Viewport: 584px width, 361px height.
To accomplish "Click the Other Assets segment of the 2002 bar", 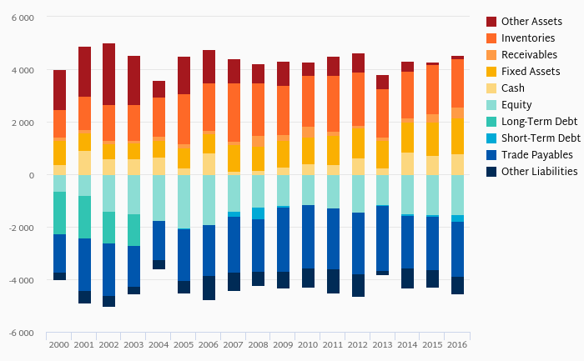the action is [108, 74].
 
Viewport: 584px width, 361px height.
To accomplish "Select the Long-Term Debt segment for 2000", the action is [59, 213].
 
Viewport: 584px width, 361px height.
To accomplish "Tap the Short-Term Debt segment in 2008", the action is [258, 213].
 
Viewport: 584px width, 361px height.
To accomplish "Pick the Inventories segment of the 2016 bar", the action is [457, 83].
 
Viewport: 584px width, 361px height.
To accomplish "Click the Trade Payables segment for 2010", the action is [308, 237].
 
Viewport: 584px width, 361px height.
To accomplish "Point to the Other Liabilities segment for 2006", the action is [209, 288].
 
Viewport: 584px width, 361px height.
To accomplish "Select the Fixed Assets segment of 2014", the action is [407, 138].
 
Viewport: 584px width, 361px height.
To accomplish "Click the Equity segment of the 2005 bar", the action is [184, 202].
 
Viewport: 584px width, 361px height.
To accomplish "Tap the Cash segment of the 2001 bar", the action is [84, 163].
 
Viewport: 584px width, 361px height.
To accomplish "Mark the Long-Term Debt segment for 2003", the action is [133, 230].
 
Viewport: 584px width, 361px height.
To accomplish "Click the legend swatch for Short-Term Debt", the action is [491, 138].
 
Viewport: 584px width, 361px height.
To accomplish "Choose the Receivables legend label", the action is [529, 55].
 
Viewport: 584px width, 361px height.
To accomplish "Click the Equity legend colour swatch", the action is [491, 105].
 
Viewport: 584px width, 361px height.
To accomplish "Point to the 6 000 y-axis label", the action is [23, 18].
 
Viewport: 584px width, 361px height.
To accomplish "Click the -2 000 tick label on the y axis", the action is [21, 228].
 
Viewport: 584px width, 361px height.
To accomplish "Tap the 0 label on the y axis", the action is [32, 175].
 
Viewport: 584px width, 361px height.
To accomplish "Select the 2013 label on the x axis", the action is [382, 344].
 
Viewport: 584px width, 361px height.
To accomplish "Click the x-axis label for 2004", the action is [159, 344].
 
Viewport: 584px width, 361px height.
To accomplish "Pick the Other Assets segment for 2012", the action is [358, 63].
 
